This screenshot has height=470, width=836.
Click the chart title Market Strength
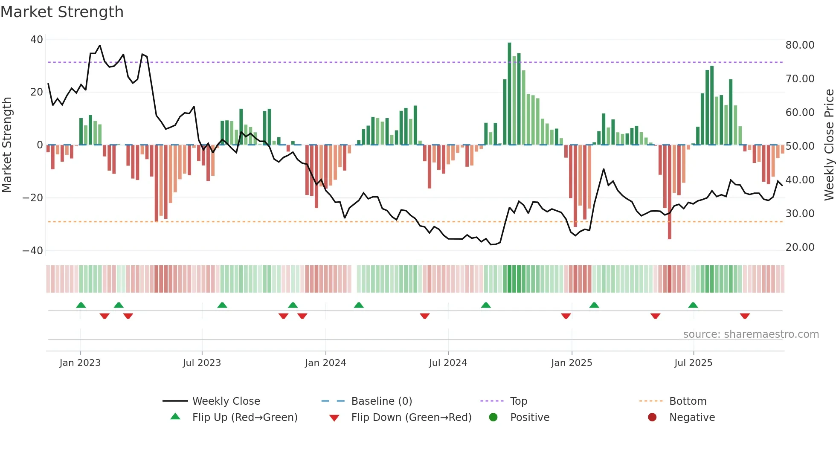pyautogui.click(x=62, y=12)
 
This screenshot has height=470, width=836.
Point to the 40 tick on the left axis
pyautogui.click(x=37, y=40)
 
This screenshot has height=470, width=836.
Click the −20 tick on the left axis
pyautogui.click(x=33, y=198)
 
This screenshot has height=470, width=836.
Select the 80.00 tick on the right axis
pyautogui.click(x=800, y=45)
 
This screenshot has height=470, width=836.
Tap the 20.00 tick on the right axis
pyautogui.click(x=800, y=247)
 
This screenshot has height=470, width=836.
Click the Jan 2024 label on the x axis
pyautogui.click(x=325, y=363)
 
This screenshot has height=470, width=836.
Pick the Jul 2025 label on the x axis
pyautogui.click(x=693, y=363)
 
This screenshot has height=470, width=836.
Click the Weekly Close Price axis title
pyautogui.click(x=829, y=145)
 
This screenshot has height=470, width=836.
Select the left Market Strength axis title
pyautogui.click(x=7, y=145)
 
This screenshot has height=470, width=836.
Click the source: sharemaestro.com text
pyautogui.click(x=751, y=334)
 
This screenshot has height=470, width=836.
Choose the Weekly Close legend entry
pyautogui.click(x=226, y=401)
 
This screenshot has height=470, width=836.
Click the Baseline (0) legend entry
pyautogui.click(x=381, y=401)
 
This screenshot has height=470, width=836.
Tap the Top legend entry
pyautogui.click(x=518, y=401)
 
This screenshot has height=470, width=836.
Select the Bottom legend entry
pyautogui.click(x=688, y=401)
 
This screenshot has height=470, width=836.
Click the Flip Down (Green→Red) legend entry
pyautogui.click(x=411, y=418)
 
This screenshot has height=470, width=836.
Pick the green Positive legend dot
pyautogui.click(x=493, y=418)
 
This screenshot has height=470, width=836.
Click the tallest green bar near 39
pyautogui.click(x=509, y=94)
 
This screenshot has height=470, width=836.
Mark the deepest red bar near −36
pyautogui.click(x=670, y=192)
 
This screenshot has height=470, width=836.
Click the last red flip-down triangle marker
pyautogui.click(x=745, y=316)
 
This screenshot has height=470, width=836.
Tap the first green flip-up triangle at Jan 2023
pyautogui.click(x=81, y=305)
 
